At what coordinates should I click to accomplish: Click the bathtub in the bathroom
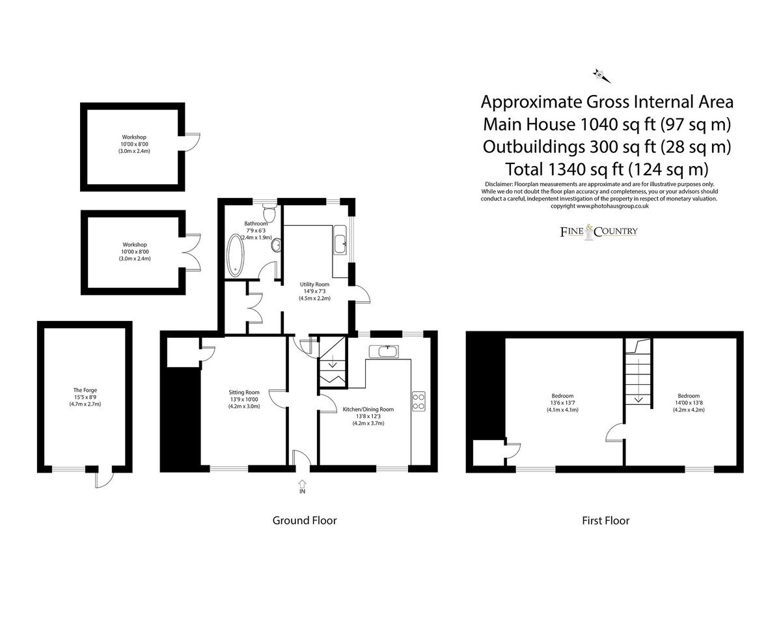235,255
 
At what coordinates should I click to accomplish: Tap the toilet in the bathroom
269,212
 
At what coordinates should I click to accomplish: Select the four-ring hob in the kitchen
418,401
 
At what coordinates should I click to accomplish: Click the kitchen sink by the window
384,351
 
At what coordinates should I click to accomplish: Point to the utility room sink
340,240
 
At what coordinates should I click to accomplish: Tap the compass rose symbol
601,76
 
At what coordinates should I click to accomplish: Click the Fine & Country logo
599,232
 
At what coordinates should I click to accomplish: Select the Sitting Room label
244,392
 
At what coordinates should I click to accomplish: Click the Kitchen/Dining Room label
368,410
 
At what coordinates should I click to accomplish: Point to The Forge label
85,390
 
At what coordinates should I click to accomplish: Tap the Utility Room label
314,285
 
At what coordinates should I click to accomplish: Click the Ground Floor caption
305,520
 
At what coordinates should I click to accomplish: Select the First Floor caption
606,520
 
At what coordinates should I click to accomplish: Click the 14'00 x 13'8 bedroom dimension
689,403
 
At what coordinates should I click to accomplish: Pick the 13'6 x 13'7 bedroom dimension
562,403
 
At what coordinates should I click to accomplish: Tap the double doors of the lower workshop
193,253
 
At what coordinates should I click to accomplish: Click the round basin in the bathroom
276,245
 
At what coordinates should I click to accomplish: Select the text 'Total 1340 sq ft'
564,169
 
